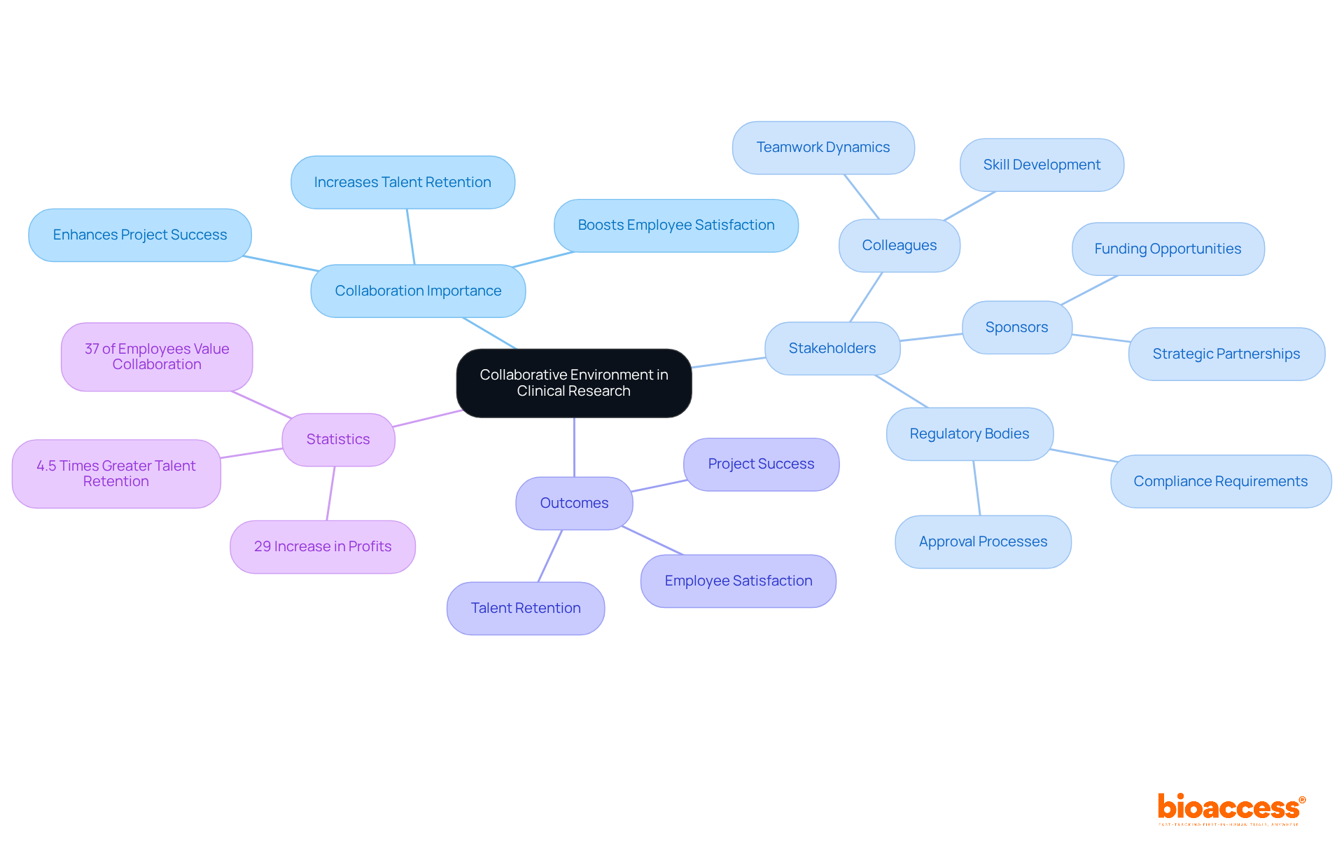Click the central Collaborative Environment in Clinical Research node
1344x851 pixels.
(574, 383)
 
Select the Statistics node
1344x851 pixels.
(338, 439)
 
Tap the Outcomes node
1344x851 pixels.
(574, 503)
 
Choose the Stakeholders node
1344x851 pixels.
(832, 348)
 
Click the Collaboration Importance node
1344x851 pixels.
(418, 291)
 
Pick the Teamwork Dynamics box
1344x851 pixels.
(823, 147)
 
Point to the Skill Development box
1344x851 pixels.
(1042, 165)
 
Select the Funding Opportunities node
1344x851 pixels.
(1168, 249)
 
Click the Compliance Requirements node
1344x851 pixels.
(1220, 481)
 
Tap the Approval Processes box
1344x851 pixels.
(983, 541)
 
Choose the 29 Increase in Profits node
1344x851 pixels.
(323, 546)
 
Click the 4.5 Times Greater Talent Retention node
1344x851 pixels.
(116, 473)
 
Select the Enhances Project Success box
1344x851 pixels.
(140, 235)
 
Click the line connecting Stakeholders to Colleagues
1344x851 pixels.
(866, 297)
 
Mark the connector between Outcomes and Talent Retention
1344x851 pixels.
(550, 555)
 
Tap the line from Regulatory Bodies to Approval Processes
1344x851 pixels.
(976, 488)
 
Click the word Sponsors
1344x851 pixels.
(1016, 327)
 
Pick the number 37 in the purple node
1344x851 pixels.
(92, 349)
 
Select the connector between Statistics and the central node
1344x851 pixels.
(427, 418)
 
